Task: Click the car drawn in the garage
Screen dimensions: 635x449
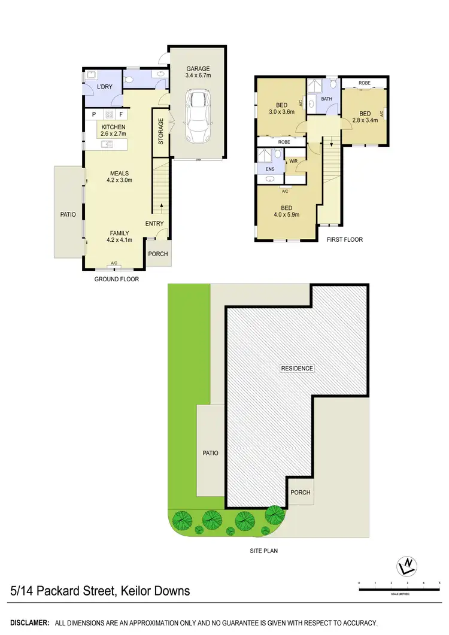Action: [198, 116]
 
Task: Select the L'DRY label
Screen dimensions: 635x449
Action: [105, 87]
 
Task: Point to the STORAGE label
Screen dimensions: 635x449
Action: [160, 132]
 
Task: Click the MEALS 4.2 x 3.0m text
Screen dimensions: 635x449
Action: [119, 177]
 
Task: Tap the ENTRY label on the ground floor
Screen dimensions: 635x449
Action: [154, 224]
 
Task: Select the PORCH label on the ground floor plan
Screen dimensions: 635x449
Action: [159, 254]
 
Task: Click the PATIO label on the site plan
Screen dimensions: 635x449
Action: [210, 453]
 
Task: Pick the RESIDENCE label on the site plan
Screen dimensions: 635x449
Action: [297, 368]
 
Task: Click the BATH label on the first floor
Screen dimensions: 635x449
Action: [326, 99]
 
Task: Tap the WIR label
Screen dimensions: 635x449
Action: [293, 162]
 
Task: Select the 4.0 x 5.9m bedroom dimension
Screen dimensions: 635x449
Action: [286, 215]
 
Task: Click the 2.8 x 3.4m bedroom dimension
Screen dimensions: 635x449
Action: [365, 121]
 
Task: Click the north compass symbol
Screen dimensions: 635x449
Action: [408, 564]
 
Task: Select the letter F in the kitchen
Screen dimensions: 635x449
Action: [121, 114]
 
